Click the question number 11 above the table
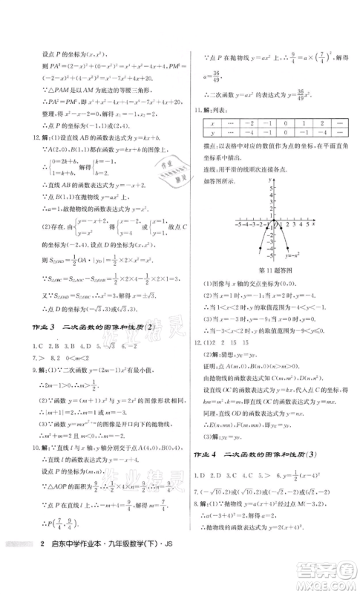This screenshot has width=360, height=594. [198, 134]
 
